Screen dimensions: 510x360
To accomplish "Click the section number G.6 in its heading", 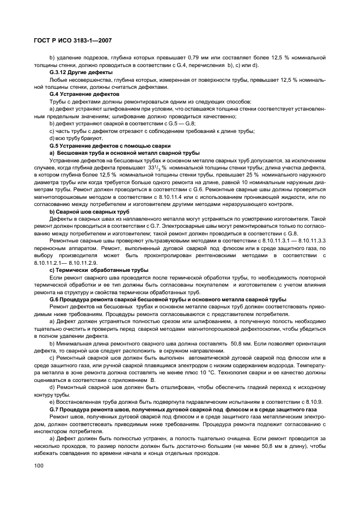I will click(55, 299).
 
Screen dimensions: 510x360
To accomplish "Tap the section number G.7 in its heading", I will click(55, 409).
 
